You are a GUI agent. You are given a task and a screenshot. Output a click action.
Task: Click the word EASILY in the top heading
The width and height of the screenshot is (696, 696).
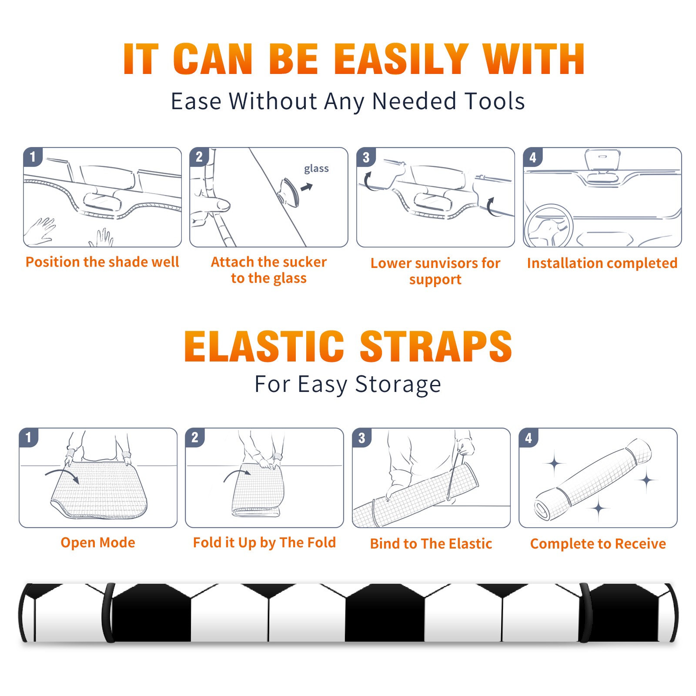(x=401, y=59)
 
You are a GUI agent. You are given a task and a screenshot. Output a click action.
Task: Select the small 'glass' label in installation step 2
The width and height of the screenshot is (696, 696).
(x=316, y=169)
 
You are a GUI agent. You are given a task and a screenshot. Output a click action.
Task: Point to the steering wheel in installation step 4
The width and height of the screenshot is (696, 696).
(x=549, y=226)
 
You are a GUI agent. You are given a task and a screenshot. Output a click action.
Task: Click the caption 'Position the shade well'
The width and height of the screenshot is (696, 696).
(x=102, y=262)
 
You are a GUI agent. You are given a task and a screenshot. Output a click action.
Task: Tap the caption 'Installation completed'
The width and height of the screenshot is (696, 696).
(x=602, y=263)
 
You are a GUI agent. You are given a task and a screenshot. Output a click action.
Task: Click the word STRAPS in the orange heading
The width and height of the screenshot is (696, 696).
(x=436, y=346)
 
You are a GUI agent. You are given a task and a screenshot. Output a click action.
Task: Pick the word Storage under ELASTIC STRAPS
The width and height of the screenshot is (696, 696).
(x=398, y=385)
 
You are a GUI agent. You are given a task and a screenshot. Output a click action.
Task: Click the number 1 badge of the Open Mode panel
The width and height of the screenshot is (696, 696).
(x=29, y=438)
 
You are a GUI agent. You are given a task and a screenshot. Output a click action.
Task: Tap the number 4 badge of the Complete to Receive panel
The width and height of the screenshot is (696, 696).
(x=529, y=438)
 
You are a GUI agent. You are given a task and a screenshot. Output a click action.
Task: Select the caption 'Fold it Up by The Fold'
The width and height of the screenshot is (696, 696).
(x=264, y=543)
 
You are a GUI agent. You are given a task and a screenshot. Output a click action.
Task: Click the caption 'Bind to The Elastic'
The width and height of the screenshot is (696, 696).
(x=431, y=544)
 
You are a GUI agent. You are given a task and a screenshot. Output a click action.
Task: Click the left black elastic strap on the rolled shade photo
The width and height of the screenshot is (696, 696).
(x=108, y=613)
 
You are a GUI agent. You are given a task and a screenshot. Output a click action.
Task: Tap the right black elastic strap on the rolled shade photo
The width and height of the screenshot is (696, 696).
(x=585, y=613)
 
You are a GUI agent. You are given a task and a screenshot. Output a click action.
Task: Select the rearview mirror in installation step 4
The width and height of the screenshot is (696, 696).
(x=602, y=160)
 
